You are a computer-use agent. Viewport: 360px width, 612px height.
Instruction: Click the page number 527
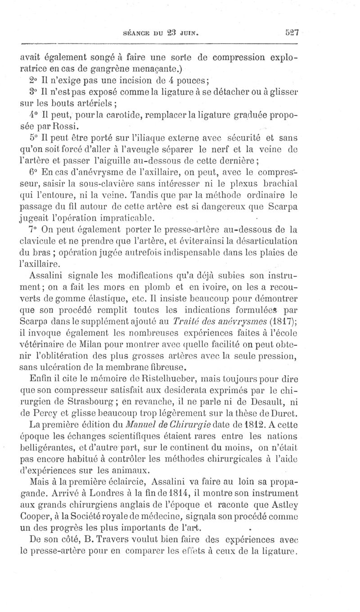(292, 32)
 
